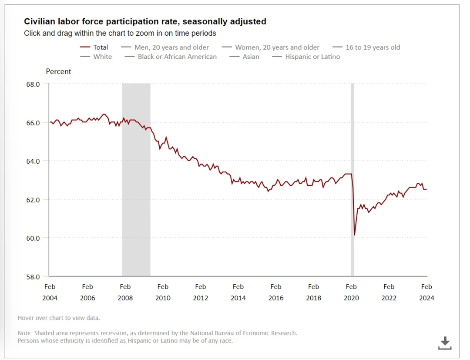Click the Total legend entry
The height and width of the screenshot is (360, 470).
(x=101, y=47)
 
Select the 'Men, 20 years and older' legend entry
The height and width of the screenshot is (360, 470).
(x=171, y=47)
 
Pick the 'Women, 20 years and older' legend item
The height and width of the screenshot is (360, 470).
(x=277, y=47)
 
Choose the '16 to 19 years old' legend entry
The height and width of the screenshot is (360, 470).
(x=373, y=47)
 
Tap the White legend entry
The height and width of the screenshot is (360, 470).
(x=102, y=57)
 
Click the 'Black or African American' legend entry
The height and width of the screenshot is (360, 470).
(x=177, y=57)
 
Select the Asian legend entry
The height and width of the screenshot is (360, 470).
(x=251, y=57)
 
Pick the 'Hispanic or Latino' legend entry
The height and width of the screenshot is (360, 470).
(x=312, y=57)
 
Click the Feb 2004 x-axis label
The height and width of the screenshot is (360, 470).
(x=50, y=292)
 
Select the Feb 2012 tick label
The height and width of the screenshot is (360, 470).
(x=201, y=292)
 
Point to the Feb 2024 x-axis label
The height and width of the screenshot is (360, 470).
(x=426, y=292)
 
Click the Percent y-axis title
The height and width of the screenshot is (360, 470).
(x=58, y=71)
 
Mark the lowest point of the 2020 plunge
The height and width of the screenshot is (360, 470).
(x=355, y=236)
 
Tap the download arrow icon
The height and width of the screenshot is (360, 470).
(x=444, y=343)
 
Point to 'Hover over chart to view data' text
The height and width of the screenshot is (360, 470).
(x=59, y=318)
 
